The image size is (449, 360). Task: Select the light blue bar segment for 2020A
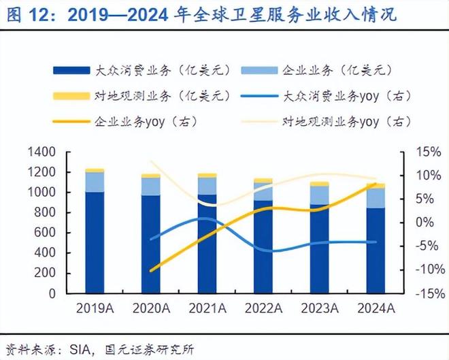coord(151,186)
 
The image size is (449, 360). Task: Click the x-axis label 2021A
coord(207,308)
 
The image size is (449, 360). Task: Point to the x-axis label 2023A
coord(320,308)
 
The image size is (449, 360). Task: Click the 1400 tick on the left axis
coord(41,152)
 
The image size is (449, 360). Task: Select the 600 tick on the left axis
coord(46,233)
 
